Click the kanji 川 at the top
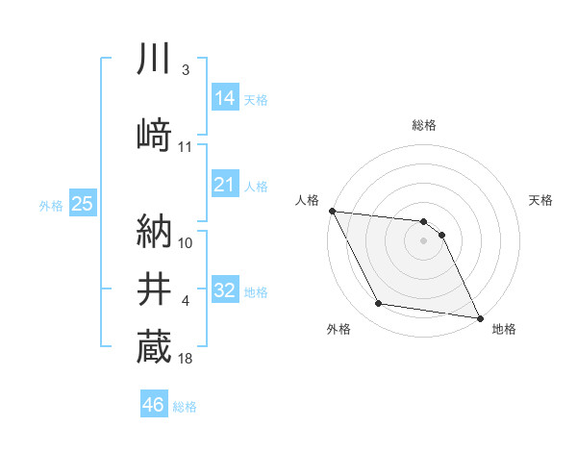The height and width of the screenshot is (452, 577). [154, 61]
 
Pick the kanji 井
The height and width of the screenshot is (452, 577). [154, 289]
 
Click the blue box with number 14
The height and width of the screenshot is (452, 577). [225, 97]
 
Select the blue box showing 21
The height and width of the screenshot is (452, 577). [225, 184]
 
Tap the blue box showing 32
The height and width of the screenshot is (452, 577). [225, 290]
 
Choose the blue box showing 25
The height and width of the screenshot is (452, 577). [83, 203]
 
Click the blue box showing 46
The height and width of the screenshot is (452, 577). [154, 405]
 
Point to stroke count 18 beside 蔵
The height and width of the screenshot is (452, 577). [186, 359]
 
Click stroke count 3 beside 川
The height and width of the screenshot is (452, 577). [186, 70]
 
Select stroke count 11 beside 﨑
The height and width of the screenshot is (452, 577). [186, 146]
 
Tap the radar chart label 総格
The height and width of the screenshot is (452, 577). [424, 125]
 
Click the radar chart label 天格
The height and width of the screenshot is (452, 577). [541, 200]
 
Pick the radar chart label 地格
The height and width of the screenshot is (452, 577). [504, 329]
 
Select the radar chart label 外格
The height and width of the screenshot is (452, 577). [339, 329]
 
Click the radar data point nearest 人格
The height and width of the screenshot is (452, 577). [332, 211]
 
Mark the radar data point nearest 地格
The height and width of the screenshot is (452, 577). [479, 317]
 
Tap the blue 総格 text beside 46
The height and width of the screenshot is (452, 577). [185, 407]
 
